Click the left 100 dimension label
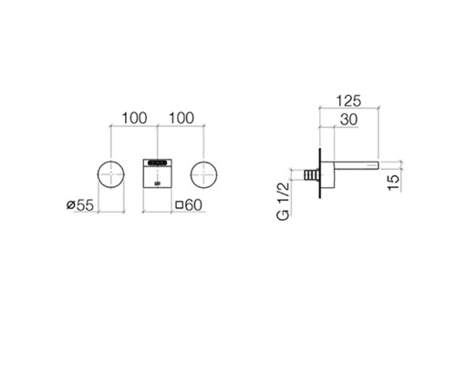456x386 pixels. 134,118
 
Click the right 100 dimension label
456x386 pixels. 181,118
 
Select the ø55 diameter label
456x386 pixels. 80,205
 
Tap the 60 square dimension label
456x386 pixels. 189,205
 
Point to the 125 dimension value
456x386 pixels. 348,101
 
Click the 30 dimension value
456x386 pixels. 348,120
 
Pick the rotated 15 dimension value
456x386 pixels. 393,183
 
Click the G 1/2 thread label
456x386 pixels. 283,202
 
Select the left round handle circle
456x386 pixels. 111,174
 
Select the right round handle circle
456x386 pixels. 204,174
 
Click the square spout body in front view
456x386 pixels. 157,173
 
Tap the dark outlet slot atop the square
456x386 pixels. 157,163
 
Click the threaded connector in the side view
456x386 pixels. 311,175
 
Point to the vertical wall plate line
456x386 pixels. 320,173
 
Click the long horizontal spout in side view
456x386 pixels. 357,164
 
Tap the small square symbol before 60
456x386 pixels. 180,204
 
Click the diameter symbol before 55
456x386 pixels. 70,205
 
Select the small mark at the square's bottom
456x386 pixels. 157,183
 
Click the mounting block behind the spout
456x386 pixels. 327,174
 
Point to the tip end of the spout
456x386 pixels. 378,164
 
